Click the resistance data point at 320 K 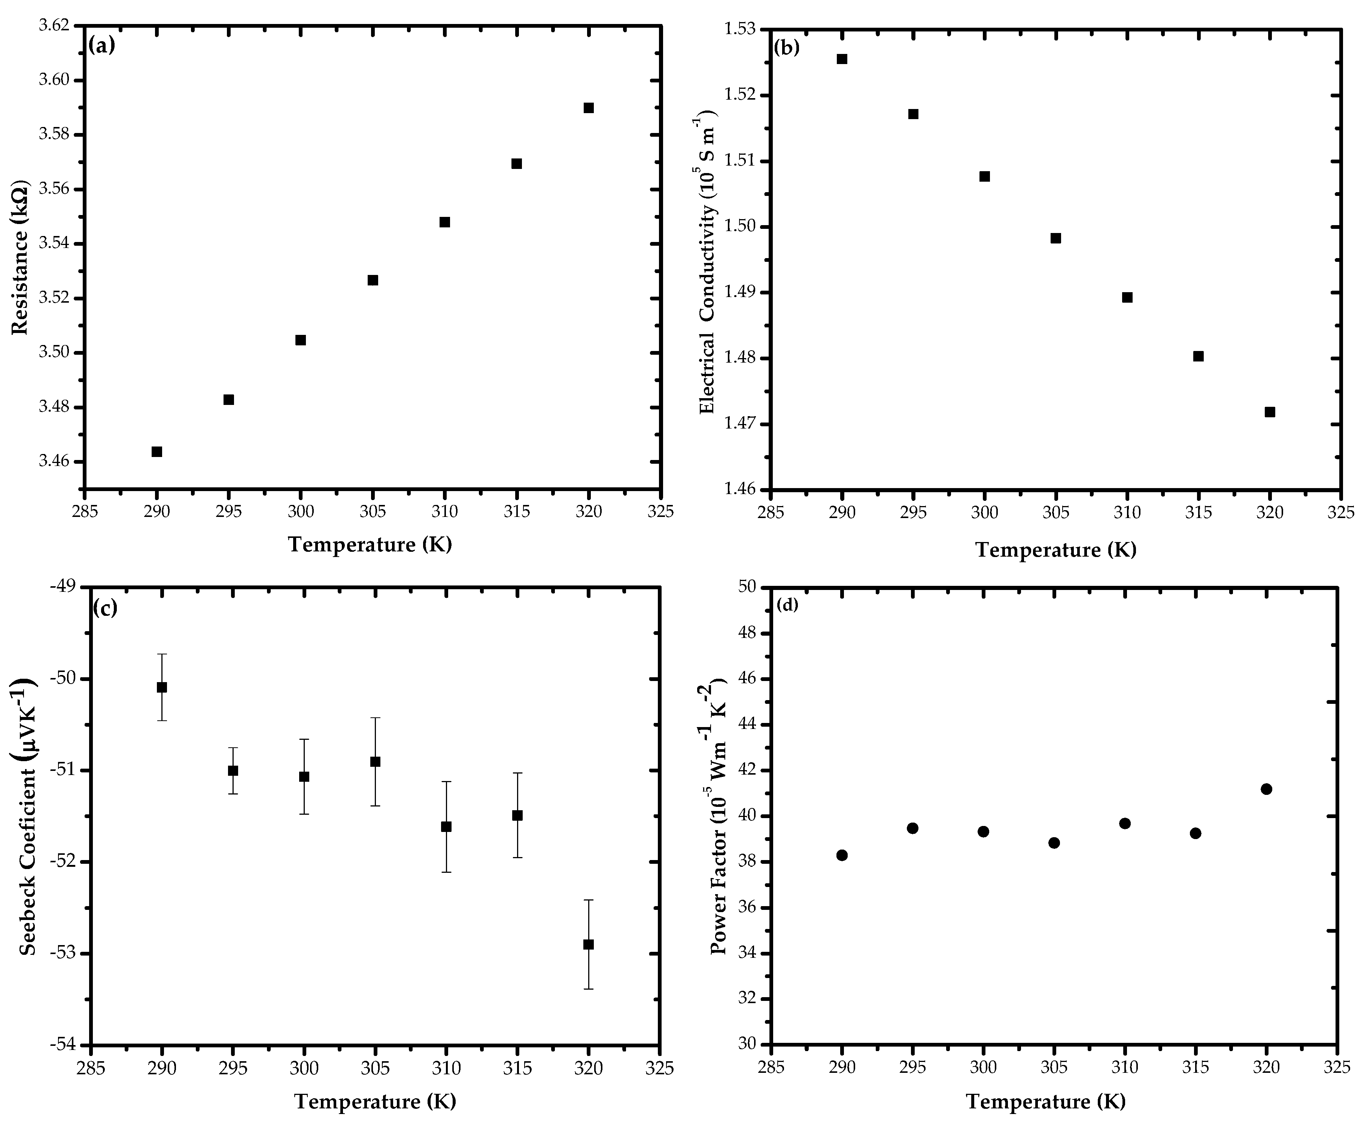(589, 108)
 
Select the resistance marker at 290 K (157, 452)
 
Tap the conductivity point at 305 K (1055, 238)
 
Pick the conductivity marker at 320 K (1269, 412)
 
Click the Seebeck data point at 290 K (162, 687)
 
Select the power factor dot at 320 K (1266, 789)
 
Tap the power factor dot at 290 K (841, 855)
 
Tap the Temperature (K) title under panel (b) (1055, 550)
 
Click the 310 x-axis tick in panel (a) (445, 512)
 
